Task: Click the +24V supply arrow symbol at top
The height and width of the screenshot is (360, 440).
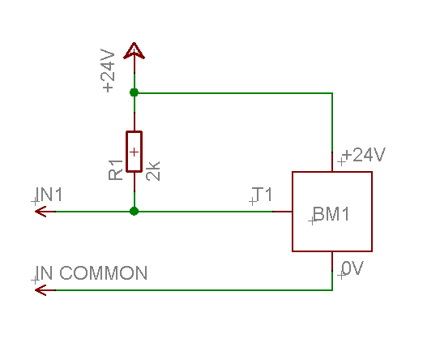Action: (135, 51)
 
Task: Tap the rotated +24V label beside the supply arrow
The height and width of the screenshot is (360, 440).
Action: (109, 71)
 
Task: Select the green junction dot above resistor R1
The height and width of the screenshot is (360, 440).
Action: (135, 92)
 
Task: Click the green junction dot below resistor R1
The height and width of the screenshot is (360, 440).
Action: (135, 211)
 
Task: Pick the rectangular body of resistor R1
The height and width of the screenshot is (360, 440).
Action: (135, 152)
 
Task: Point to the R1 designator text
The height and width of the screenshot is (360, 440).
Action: (115, 169)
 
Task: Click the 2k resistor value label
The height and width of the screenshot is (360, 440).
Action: (154, 170)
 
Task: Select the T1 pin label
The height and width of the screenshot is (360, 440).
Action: (263, 195)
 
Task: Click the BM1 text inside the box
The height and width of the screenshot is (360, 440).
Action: (330, 215)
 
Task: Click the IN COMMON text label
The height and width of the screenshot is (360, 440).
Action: (91, 273)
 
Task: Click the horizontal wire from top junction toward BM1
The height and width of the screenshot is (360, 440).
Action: (235, 92)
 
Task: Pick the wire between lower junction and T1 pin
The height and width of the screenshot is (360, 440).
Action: (203, 211)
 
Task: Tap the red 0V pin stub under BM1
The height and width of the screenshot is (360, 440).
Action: (332, 261)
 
